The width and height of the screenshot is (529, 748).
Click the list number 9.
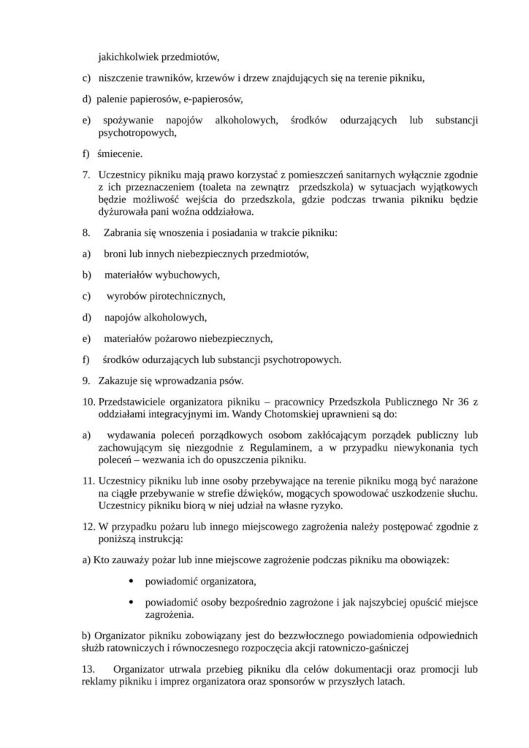[x=84, y=381]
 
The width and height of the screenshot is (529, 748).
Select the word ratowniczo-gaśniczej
[x=370, y=646]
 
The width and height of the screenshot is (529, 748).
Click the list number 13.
[x=88, y=669]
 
